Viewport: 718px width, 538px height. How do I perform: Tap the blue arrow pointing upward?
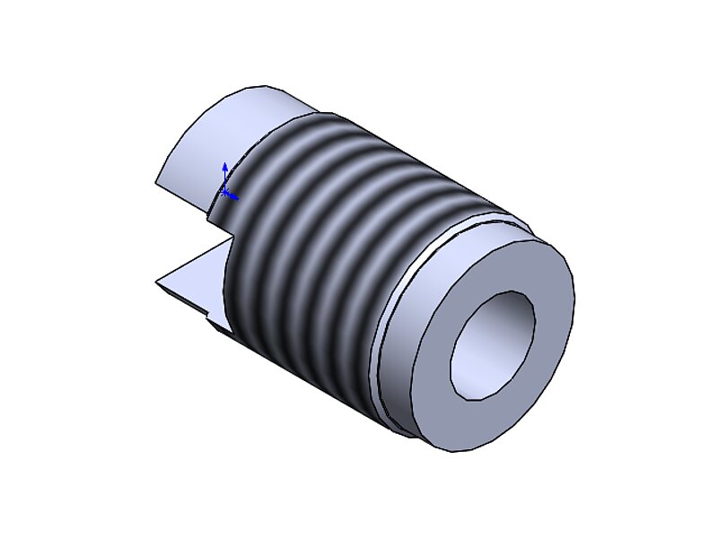pyautogui.click(x=224, y=168)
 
